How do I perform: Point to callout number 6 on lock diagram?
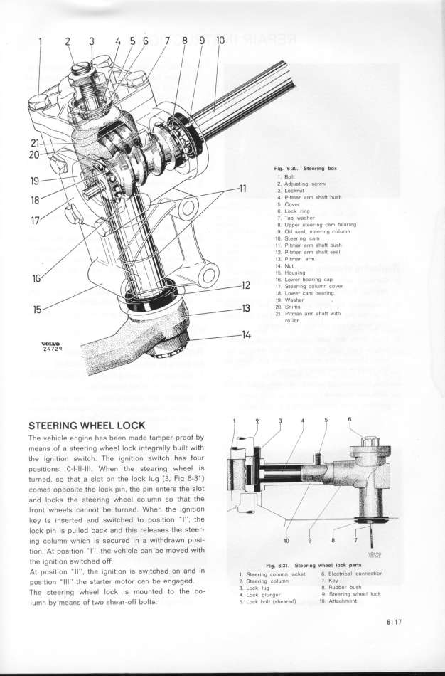[349, 419]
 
